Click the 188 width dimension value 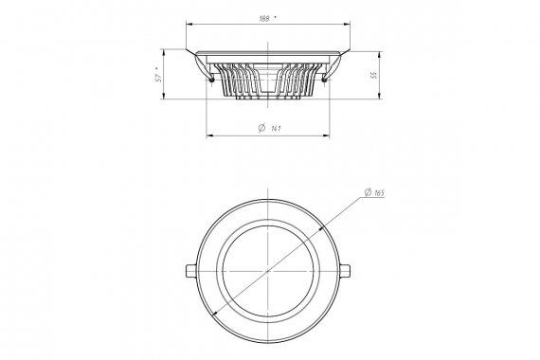(x=264, y=19)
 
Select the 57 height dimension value (x=158, y=78)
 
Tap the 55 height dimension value (x=374, y=75)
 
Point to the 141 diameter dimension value (x=276, y=129)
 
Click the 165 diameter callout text (x=379, y=193)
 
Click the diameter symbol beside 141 (x=261, y=128)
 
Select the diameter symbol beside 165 (x=368, y=192)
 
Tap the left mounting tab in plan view (x=191, y=271)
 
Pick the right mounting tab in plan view (x=345, y=271)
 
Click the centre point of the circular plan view (x=268, y=271)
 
